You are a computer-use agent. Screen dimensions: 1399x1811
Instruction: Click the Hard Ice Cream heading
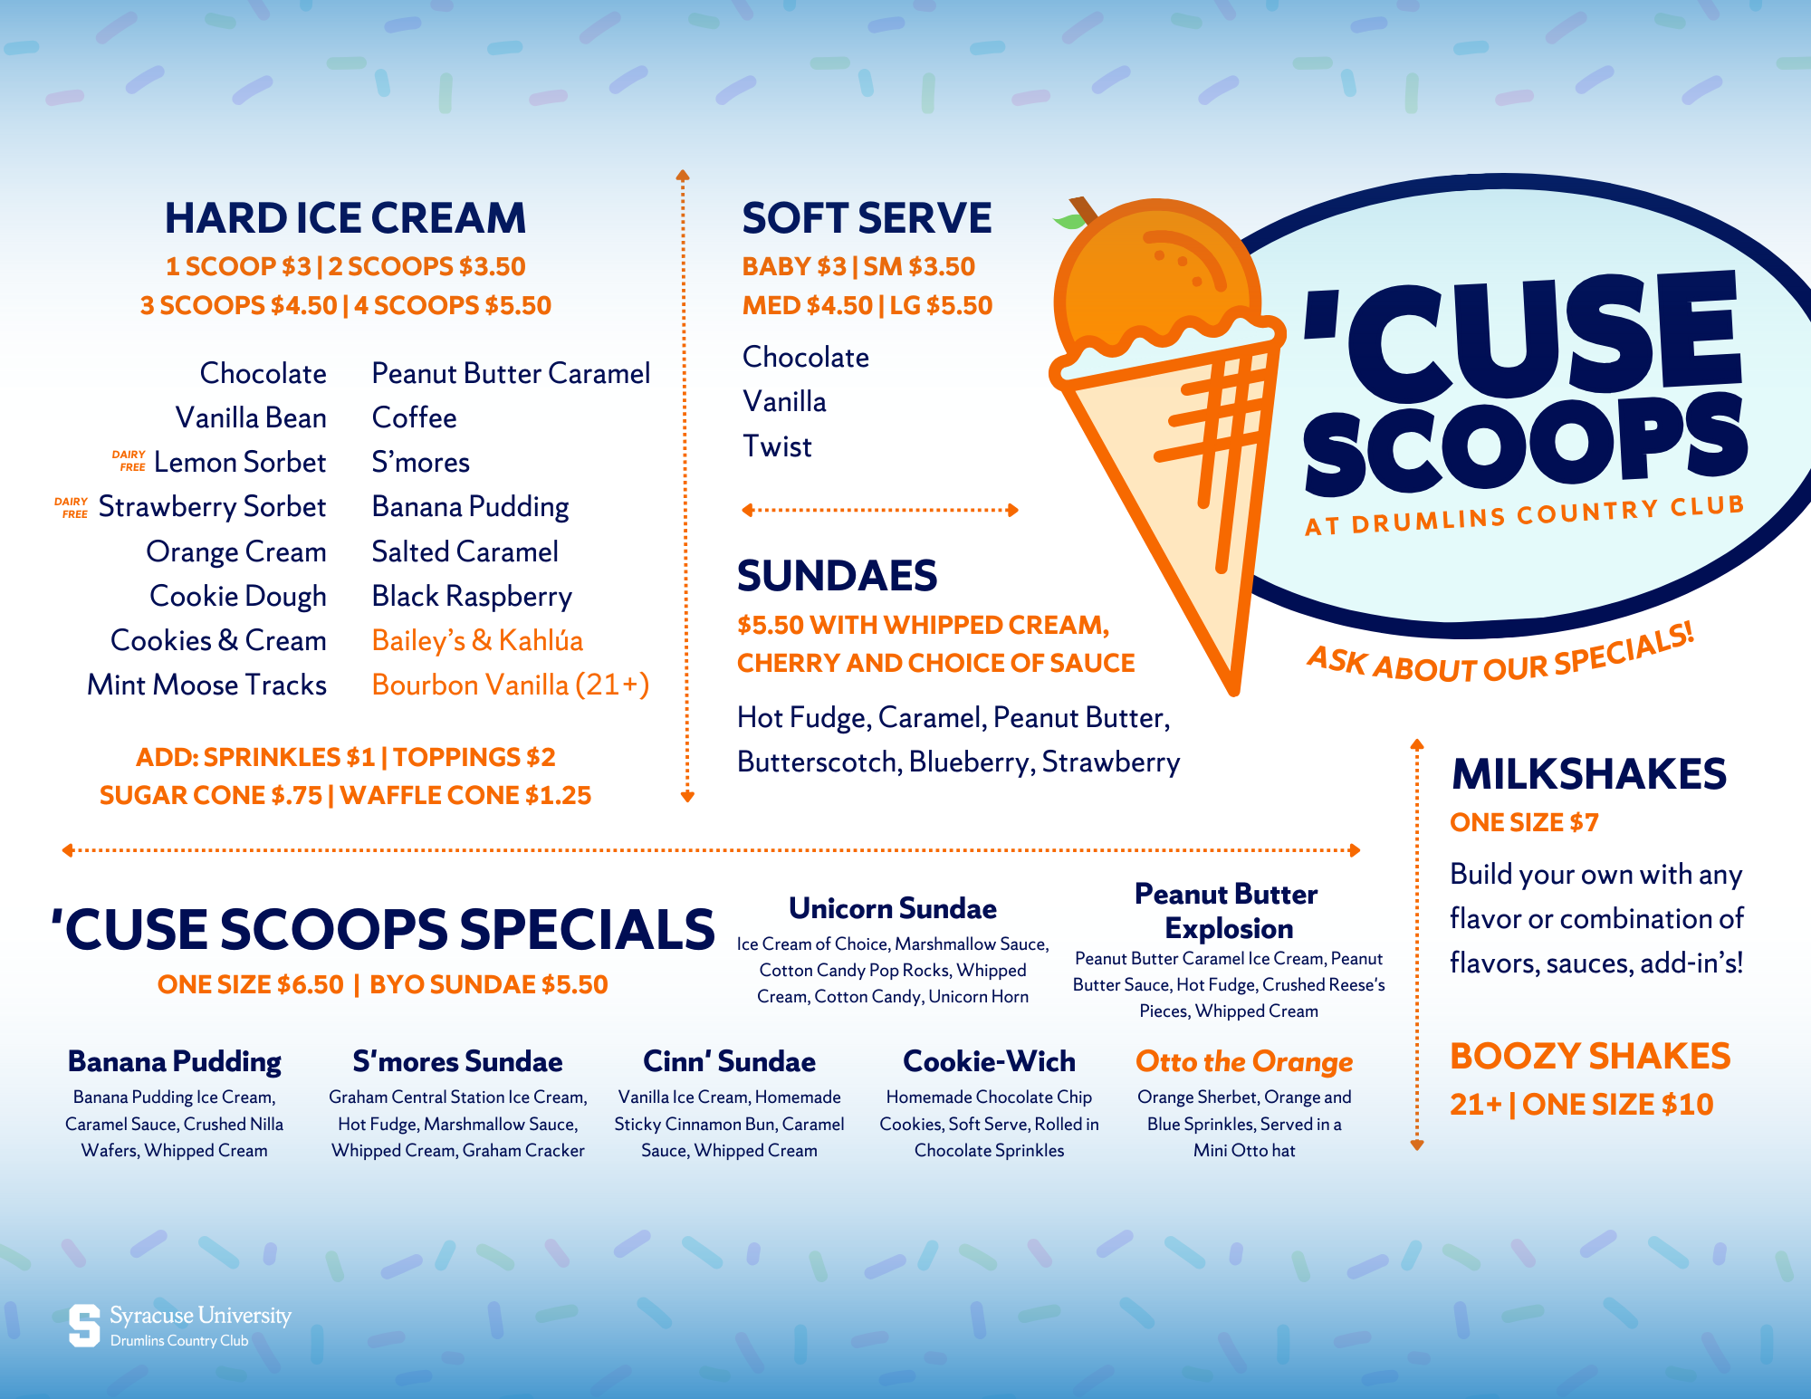[345, 218]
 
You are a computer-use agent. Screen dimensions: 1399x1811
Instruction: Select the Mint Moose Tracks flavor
[206, 685]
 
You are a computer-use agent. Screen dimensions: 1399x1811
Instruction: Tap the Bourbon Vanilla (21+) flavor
[510, 685]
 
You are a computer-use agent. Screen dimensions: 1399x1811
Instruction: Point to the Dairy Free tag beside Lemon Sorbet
[129, 461]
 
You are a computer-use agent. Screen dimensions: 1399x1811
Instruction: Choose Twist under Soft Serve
[777, 446]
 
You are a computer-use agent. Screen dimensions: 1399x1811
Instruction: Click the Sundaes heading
[837, 576]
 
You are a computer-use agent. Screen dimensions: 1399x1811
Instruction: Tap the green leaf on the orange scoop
[1069, 220]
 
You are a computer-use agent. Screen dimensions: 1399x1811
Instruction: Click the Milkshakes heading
[1589, 774]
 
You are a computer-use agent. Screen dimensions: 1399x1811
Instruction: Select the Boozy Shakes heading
[1590, 1056]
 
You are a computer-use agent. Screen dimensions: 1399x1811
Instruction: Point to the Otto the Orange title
[1244, 1061]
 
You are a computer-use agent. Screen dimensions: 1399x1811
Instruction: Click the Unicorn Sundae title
[893, 908]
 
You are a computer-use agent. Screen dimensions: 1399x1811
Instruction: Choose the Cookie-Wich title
[989, 1061]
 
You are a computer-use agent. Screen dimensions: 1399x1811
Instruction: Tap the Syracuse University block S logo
[84, 1326]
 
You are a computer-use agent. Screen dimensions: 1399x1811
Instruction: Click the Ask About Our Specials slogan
[1500, 656]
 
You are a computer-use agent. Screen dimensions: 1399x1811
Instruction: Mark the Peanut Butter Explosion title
[1227, 911]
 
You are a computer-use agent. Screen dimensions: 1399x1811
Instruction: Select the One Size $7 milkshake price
[1524, 822]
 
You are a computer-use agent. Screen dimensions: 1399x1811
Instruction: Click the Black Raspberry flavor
[472, 596]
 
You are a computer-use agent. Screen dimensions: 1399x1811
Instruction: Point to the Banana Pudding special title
[175, 1061]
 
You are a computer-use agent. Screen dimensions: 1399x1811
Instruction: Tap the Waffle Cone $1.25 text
[465, 795]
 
